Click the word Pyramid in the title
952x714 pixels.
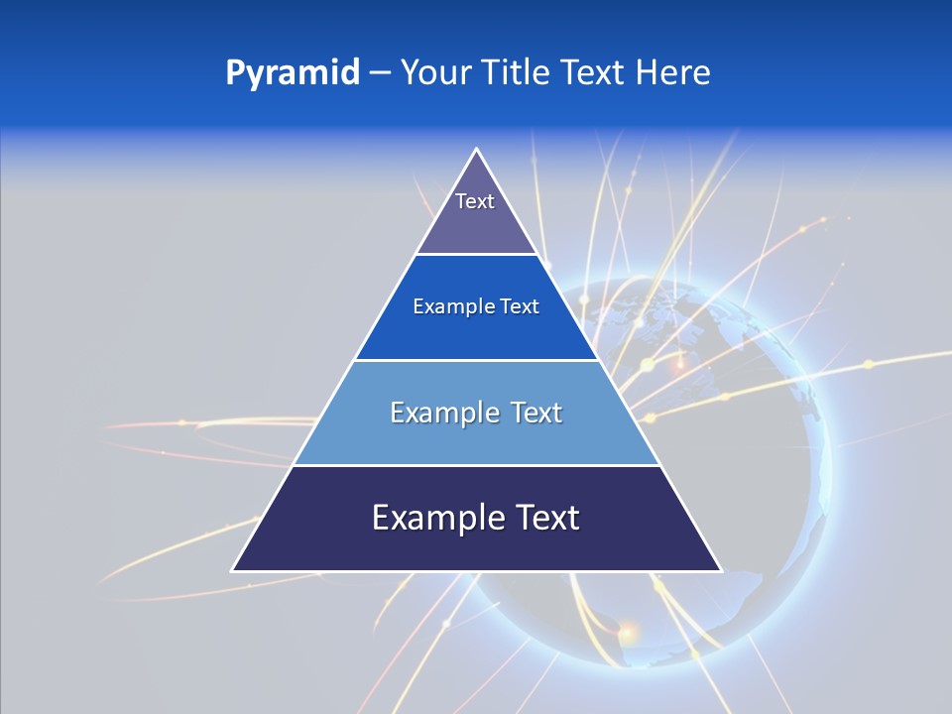[x=293, y=73]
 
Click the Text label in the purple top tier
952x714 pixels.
[x=475, y=201]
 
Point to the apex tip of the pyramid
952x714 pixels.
[x=477, y=150]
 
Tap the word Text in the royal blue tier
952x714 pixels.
[x=520, y=307]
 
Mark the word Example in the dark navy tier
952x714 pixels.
[x=431, y=518]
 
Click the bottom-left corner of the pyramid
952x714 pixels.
[x=233, y=570]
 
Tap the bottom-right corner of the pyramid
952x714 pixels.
[x=720, y=570]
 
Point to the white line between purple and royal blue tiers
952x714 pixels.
[x=477, y=255]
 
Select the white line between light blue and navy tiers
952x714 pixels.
[x=477, y=465]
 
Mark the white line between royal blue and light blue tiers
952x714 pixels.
[x=477, y=360]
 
